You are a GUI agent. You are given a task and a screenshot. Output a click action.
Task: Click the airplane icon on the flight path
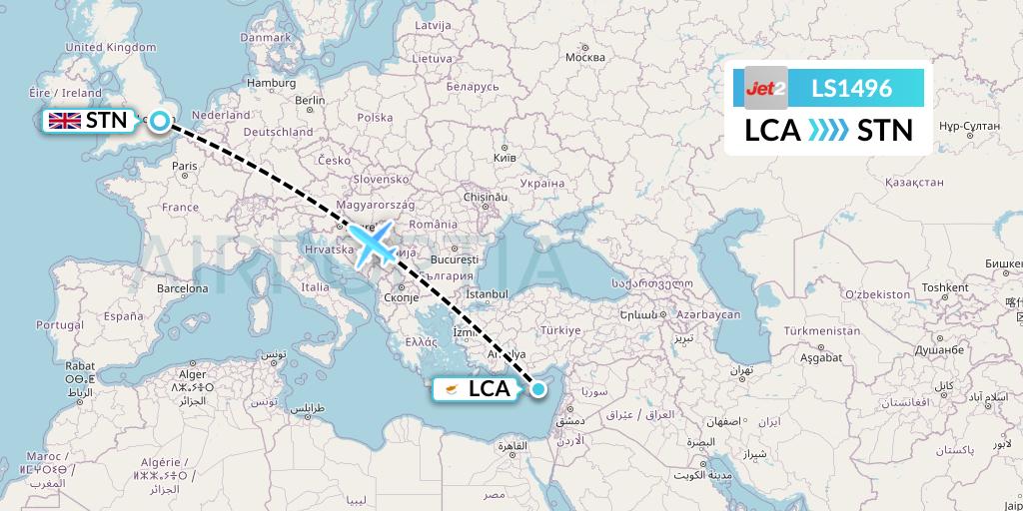point(375,244)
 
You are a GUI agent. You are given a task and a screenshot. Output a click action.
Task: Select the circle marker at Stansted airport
point(159,121)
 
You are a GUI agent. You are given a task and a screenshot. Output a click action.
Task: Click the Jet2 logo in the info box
point(766,88)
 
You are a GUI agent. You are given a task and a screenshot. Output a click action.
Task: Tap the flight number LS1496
point(851,88)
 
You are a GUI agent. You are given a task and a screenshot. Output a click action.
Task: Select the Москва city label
point(584,57)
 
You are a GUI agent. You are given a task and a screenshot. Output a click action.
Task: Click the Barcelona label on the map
point(181,287)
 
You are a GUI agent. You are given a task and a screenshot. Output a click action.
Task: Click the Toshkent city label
point(945,287)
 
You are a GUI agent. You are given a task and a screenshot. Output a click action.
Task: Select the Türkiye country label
point(560,330)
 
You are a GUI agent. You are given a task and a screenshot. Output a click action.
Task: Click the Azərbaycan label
point(706,313)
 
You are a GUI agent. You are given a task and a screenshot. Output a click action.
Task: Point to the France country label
point(181,207)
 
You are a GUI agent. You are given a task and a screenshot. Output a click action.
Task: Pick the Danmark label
point(265,38)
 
